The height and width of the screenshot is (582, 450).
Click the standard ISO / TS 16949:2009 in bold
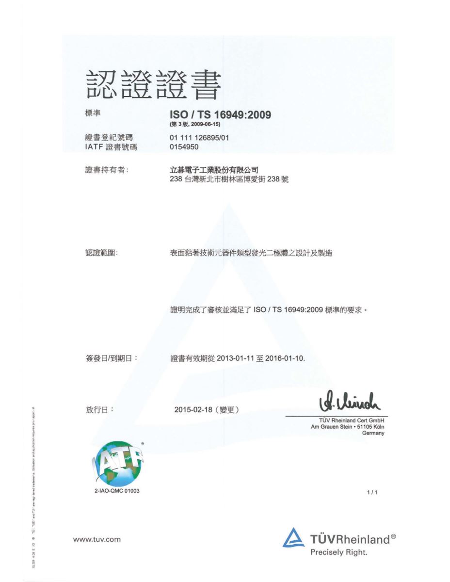pos(220,115)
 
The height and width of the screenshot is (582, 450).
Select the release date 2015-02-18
pos(193,410)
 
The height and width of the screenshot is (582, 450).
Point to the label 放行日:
pos(99,410)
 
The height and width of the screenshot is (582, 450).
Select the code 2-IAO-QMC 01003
pos(116,491)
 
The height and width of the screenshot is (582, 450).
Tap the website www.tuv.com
pos(96,539)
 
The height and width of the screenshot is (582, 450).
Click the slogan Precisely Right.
pos(339,552)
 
